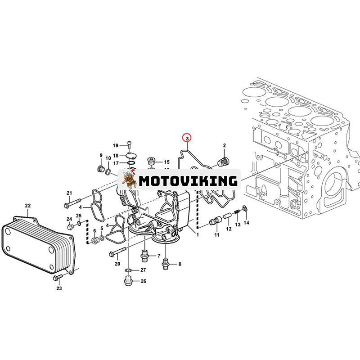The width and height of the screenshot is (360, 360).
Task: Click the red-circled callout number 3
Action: [x=186, y=137]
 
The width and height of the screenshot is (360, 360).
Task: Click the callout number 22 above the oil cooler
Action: [x=27, y=206]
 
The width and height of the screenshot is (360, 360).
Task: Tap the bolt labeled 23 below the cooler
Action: [x=57, y=278]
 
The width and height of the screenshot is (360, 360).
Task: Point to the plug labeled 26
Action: [x=127, y=282]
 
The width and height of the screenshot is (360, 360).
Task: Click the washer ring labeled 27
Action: [x=128, y=270]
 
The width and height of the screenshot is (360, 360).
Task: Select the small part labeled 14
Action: [x=244, y=209]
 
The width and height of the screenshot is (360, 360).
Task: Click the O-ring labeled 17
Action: [x=131, y=163]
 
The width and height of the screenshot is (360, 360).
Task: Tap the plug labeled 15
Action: [x=152, y=161]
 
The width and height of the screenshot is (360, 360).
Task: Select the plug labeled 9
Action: [x=100, y=169]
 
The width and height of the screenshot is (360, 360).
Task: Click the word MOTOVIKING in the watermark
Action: [x=188, y=181]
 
